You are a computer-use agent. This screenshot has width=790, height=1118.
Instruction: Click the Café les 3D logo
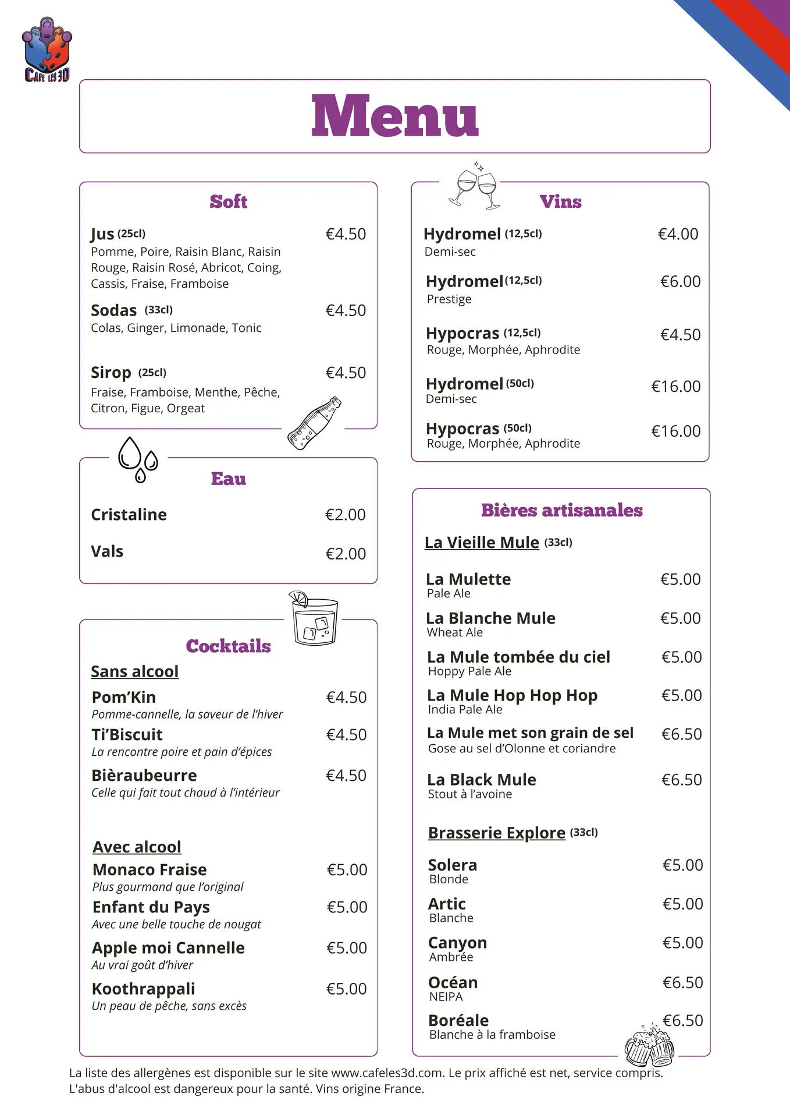pyautogui.click(x=47, y=50)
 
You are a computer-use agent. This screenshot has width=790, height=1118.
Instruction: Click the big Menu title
pyautogui.click(x=394, y=116)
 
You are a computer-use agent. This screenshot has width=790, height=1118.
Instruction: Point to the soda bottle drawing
pyautogui.click(x=314, y=423)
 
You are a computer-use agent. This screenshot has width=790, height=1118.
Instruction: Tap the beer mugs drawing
pyautogui.click(x=649, y=1046)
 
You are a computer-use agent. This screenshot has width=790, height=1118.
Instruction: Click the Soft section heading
pyautogui.click(x=228, y=201)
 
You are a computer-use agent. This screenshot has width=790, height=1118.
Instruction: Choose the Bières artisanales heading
pyautogui.click(x=561, y=510)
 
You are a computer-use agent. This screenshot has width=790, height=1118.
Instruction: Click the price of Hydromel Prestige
pyautogui.click(x=680, y=282)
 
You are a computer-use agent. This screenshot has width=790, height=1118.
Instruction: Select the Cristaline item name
pyautogui.click(x=129, y=515)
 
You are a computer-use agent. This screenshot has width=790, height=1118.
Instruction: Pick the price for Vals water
pyautogui.click(x=346, y=554)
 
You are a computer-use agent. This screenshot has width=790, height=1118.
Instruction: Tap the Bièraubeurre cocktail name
pyautogui.click(x=144, y=776)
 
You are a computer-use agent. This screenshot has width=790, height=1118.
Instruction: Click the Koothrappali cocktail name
pyautogui.click(x=143, y=989)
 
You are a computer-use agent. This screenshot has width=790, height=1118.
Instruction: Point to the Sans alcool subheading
pyautogui.click(x=134, y=671)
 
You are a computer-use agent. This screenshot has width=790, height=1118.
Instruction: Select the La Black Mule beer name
pyautogui.click(x=482, y=780)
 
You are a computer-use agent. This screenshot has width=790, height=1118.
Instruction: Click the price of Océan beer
pyautogui.click(x=682, y=983)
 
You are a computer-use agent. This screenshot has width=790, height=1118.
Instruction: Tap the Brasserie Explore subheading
pyautogui.click(x=496, y=833)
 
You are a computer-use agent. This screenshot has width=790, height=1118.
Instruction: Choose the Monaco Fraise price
pyautogui.click(x=347, y=870)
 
